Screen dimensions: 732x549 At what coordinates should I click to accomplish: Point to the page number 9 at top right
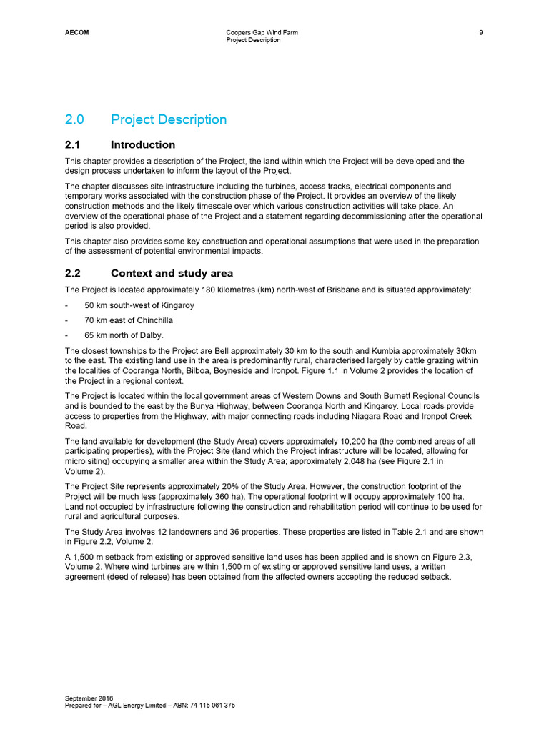(x=481, y=32)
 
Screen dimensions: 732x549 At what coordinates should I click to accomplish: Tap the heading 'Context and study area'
(x=172, y=273)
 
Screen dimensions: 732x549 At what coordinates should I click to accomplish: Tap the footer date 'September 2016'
(x=89, y=698)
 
